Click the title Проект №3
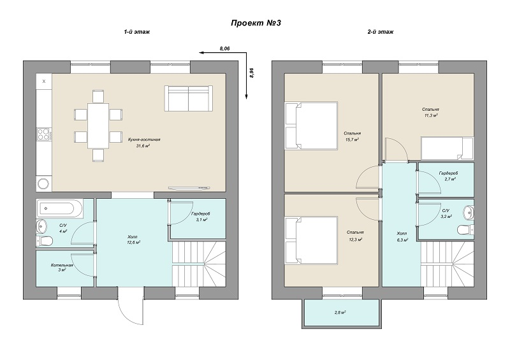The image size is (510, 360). pos(256,23)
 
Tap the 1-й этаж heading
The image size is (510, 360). pos(136,32)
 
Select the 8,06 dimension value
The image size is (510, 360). pos(225,48)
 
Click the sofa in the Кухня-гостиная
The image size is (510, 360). pos(189,99)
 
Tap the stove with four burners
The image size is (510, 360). pos(44,134)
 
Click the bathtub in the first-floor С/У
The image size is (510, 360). pos(60,208)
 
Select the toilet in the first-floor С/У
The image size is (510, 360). pos(45,241)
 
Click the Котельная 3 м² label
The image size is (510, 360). pos(61,268)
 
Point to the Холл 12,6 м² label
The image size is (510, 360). pos(133,240)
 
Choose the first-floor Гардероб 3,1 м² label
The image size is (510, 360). pos(201,217)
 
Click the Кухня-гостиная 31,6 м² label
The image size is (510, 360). pos(144,143)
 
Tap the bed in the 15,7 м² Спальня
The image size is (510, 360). pos(311,126)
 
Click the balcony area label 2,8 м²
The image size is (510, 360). pos(340,312)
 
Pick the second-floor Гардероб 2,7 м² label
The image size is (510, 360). pos(448,176)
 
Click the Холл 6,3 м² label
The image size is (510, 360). pos(402,236)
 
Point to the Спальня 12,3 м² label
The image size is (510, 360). pos(355,236)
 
